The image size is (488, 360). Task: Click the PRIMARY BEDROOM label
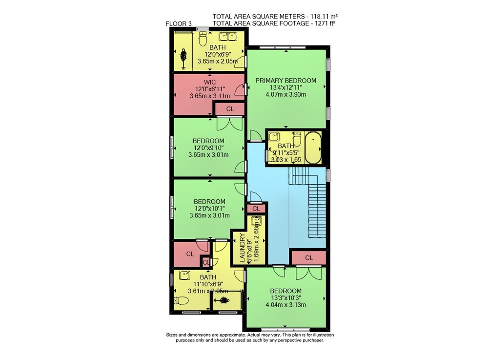coord(285,81)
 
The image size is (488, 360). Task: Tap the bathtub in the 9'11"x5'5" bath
coord(313,148)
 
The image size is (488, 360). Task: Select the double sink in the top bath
coord(228,37)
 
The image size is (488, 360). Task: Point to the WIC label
coord(210,82)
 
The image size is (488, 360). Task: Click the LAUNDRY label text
coord(243,248)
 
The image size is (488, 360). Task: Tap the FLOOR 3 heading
coord(179,23)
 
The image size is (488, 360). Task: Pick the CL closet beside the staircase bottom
coord(309,258)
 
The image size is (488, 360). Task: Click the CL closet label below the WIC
coord(230,109)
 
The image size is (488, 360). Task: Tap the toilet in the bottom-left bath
coord(182,301)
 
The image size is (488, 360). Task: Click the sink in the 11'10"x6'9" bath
coord(185,275)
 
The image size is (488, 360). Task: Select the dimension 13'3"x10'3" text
coord(285,298)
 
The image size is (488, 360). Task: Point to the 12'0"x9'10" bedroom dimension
coord(208,148)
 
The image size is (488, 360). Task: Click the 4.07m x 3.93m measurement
coord(285,94)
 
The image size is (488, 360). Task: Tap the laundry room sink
coord(257,221)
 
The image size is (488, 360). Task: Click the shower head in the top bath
coord(183,55)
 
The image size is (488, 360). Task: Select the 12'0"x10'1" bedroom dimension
coord(209,209)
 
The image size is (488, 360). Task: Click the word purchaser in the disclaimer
coord(313,340)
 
